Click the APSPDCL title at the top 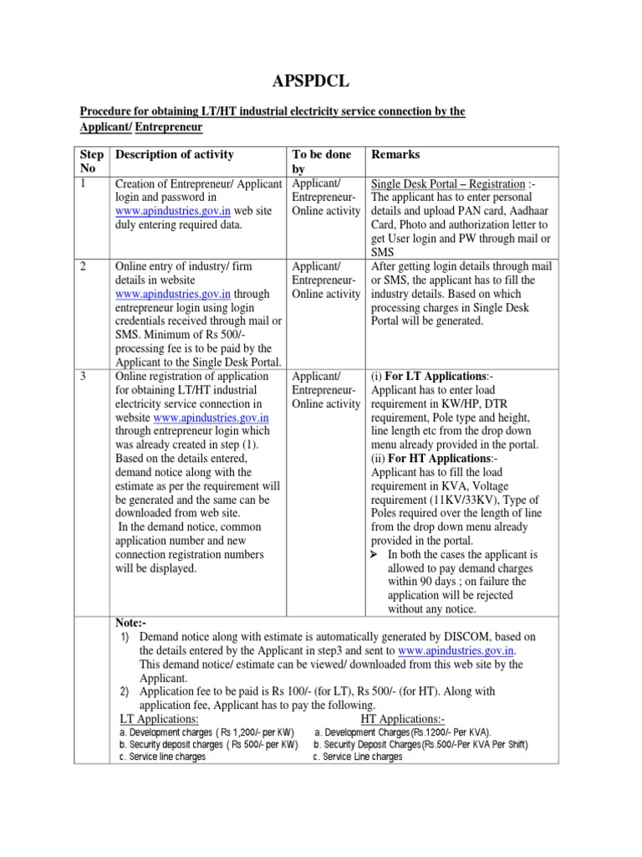point(320,80)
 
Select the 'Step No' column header point(92,162)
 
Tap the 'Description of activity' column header point(175,155)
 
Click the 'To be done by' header point(321,162)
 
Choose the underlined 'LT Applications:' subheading point(159,719)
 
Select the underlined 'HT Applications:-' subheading point(403,719)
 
